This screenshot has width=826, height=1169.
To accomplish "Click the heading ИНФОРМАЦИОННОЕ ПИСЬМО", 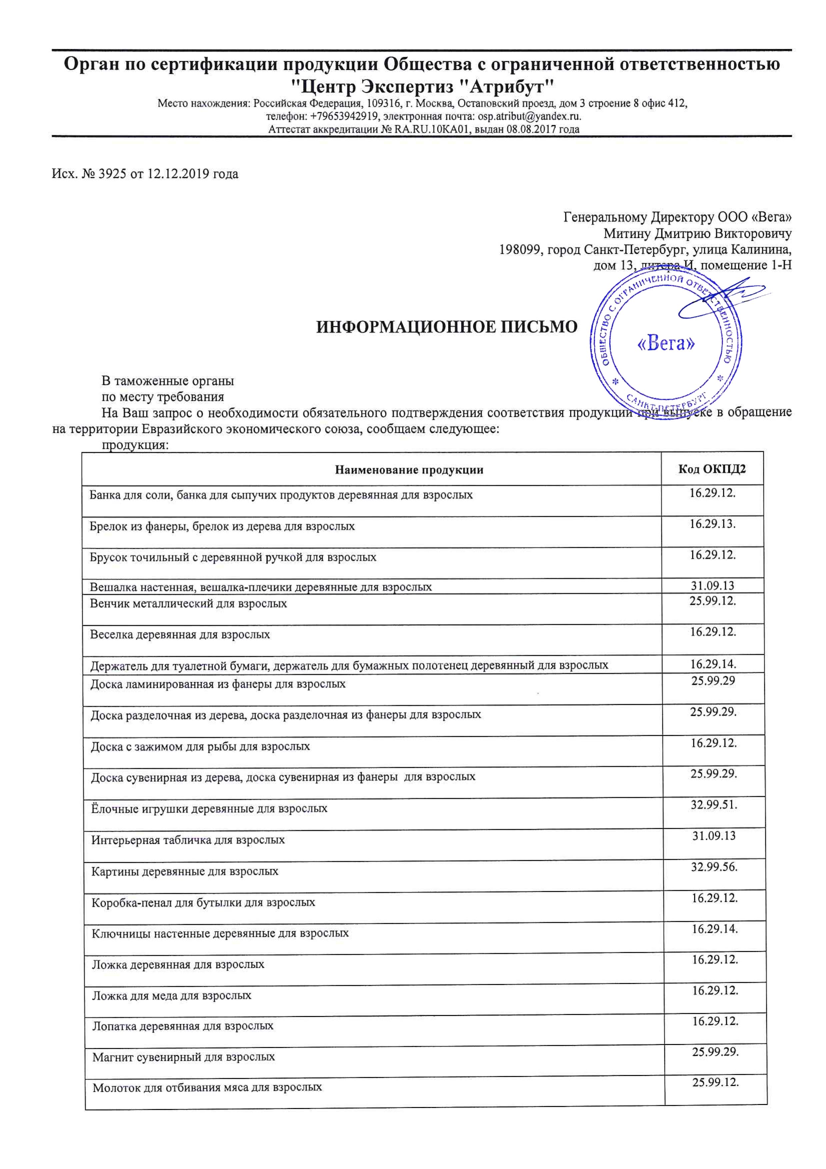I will [447, 326].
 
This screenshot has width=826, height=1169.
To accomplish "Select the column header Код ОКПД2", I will [711, 469].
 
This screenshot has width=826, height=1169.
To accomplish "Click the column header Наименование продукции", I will [409, 469].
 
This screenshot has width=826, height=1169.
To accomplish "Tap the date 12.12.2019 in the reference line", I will [178, 174].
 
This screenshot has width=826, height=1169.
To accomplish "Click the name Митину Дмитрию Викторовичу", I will [697, 234].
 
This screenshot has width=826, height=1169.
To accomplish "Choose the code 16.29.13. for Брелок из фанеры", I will [712, 523].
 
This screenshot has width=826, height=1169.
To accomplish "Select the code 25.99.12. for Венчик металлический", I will [712, 601].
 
